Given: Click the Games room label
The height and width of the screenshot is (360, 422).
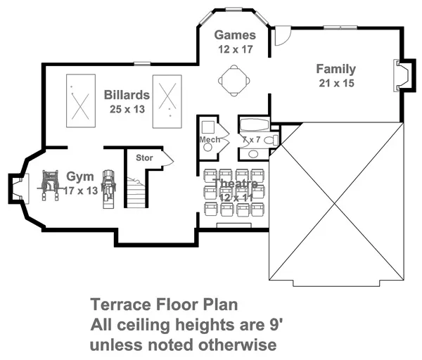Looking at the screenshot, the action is coord(235,35).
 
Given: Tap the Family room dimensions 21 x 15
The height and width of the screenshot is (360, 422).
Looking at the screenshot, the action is coord(336,83).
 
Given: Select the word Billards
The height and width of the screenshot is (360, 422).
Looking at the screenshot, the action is coord(127,95).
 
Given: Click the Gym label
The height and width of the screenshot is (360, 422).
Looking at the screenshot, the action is coord(80,176).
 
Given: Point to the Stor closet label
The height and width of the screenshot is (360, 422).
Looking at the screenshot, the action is coord(144,157).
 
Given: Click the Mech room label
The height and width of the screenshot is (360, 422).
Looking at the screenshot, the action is coord(210,140).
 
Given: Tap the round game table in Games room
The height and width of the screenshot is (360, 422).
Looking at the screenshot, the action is coord(234,80).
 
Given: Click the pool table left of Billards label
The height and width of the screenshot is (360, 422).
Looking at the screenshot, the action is coord(81,101).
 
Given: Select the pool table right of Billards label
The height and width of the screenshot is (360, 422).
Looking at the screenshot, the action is coord(167,101).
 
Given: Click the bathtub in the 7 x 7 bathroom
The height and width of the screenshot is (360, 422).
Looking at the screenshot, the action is coord(255,125).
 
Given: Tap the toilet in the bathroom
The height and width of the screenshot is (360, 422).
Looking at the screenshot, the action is coord(271,140).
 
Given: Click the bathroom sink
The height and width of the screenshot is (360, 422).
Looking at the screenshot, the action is coord(253,154).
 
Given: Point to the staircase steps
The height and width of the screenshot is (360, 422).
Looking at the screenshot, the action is coord(136,192).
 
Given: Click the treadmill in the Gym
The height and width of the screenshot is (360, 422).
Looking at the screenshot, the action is coord(108,189).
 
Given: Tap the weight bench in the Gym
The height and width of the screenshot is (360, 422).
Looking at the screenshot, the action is coord(50,185).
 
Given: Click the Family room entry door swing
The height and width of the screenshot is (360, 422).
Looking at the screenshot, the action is coord(283,36).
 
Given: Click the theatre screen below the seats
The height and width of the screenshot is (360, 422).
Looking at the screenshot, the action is coord(234,226).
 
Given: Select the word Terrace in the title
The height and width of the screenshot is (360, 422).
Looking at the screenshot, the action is coord(121,304).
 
